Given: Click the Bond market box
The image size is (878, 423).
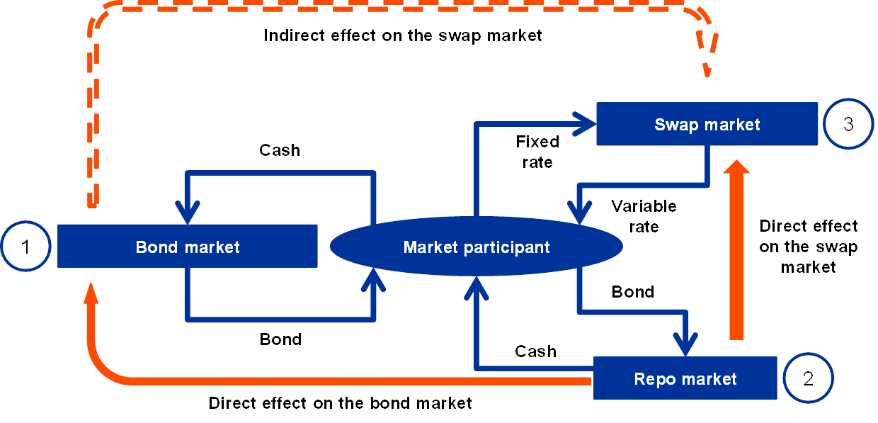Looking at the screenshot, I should click(187, 247).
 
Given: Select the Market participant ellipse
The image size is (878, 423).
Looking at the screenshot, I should click(476, 247).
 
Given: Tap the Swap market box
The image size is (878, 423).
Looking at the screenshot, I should click(707, 125).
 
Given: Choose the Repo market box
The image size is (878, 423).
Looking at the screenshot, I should click(685, 378).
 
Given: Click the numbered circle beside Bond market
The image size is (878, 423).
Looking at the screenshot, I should click(26, 247).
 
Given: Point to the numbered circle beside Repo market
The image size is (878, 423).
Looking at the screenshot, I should click(809, 378).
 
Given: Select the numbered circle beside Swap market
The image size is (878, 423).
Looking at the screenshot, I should click(848, 125).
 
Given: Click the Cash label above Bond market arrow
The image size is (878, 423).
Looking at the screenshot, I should click(280, 150).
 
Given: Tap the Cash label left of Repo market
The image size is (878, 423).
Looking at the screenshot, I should click(535, 351).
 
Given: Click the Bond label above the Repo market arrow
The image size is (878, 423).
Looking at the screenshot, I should click(633, 291).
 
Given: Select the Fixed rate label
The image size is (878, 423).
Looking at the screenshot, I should click(540, 152).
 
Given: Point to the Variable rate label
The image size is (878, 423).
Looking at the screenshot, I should click(644, 216).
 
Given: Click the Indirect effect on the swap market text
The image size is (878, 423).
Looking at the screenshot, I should click(406, 36).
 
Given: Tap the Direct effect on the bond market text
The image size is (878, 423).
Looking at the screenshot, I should click(343, 403).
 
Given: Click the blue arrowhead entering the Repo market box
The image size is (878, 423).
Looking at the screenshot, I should click(685, 346).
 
